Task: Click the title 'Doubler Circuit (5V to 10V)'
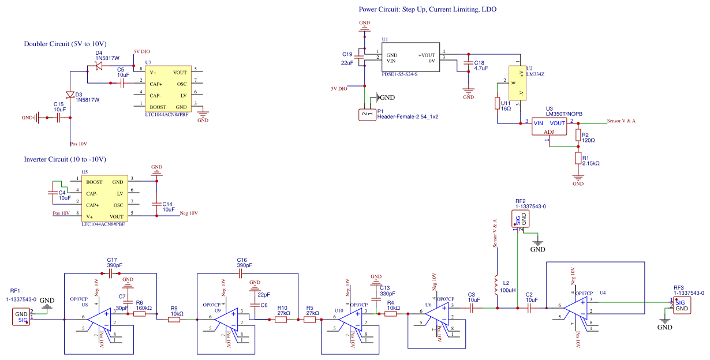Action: point(65,44)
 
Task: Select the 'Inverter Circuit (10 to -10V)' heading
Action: point(65,159)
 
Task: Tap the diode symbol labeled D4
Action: point(98,66)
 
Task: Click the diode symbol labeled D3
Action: point(70,95)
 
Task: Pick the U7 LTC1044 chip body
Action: point(168,89)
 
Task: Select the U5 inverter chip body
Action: point(104,199)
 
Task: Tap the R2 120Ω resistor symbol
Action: point(578,134)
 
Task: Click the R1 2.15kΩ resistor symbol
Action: point(578,158)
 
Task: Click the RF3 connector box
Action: point(681,306)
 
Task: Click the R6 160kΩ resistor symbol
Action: point(140,314)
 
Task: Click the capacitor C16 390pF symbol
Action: point(241,273)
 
